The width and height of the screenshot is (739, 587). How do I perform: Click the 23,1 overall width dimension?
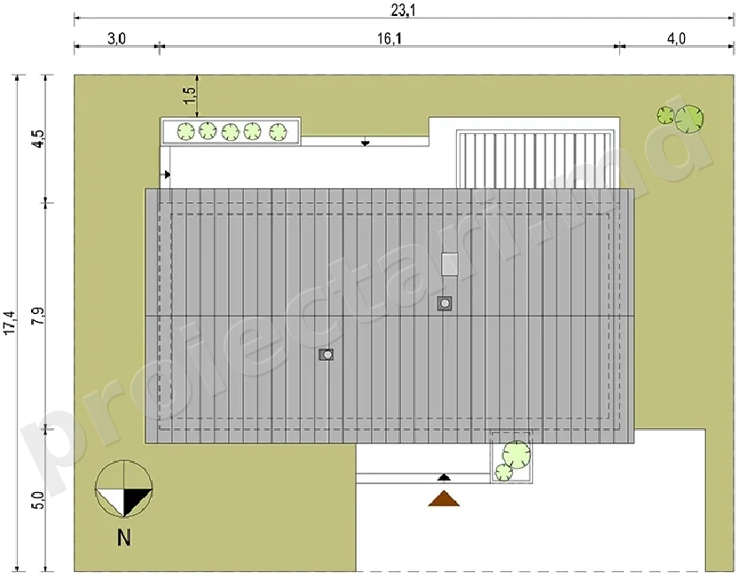[403, 11]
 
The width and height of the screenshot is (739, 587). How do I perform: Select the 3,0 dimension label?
[116, 39]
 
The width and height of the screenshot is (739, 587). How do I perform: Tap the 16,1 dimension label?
[389, 39]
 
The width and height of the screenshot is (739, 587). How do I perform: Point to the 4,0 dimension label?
[676, 39]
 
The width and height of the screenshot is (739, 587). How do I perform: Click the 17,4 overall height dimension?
[11, 323]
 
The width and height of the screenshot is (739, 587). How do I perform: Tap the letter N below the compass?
[124, 537]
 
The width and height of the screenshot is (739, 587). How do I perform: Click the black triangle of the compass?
[134, 499]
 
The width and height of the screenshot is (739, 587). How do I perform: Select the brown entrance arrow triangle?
[444, 498]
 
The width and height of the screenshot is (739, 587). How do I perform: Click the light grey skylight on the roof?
[450, 264]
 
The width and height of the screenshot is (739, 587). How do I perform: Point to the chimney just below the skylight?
[444, 303]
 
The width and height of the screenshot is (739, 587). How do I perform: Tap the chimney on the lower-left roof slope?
[326, 355]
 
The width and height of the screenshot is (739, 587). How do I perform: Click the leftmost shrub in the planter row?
[185, 131]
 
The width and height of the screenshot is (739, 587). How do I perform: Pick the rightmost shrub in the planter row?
[278, 132]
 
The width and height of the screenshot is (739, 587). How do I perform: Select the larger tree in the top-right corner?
[689, 118]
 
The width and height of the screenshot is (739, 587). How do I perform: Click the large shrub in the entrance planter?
[516, 455]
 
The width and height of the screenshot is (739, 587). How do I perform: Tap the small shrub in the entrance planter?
[503, 473]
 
